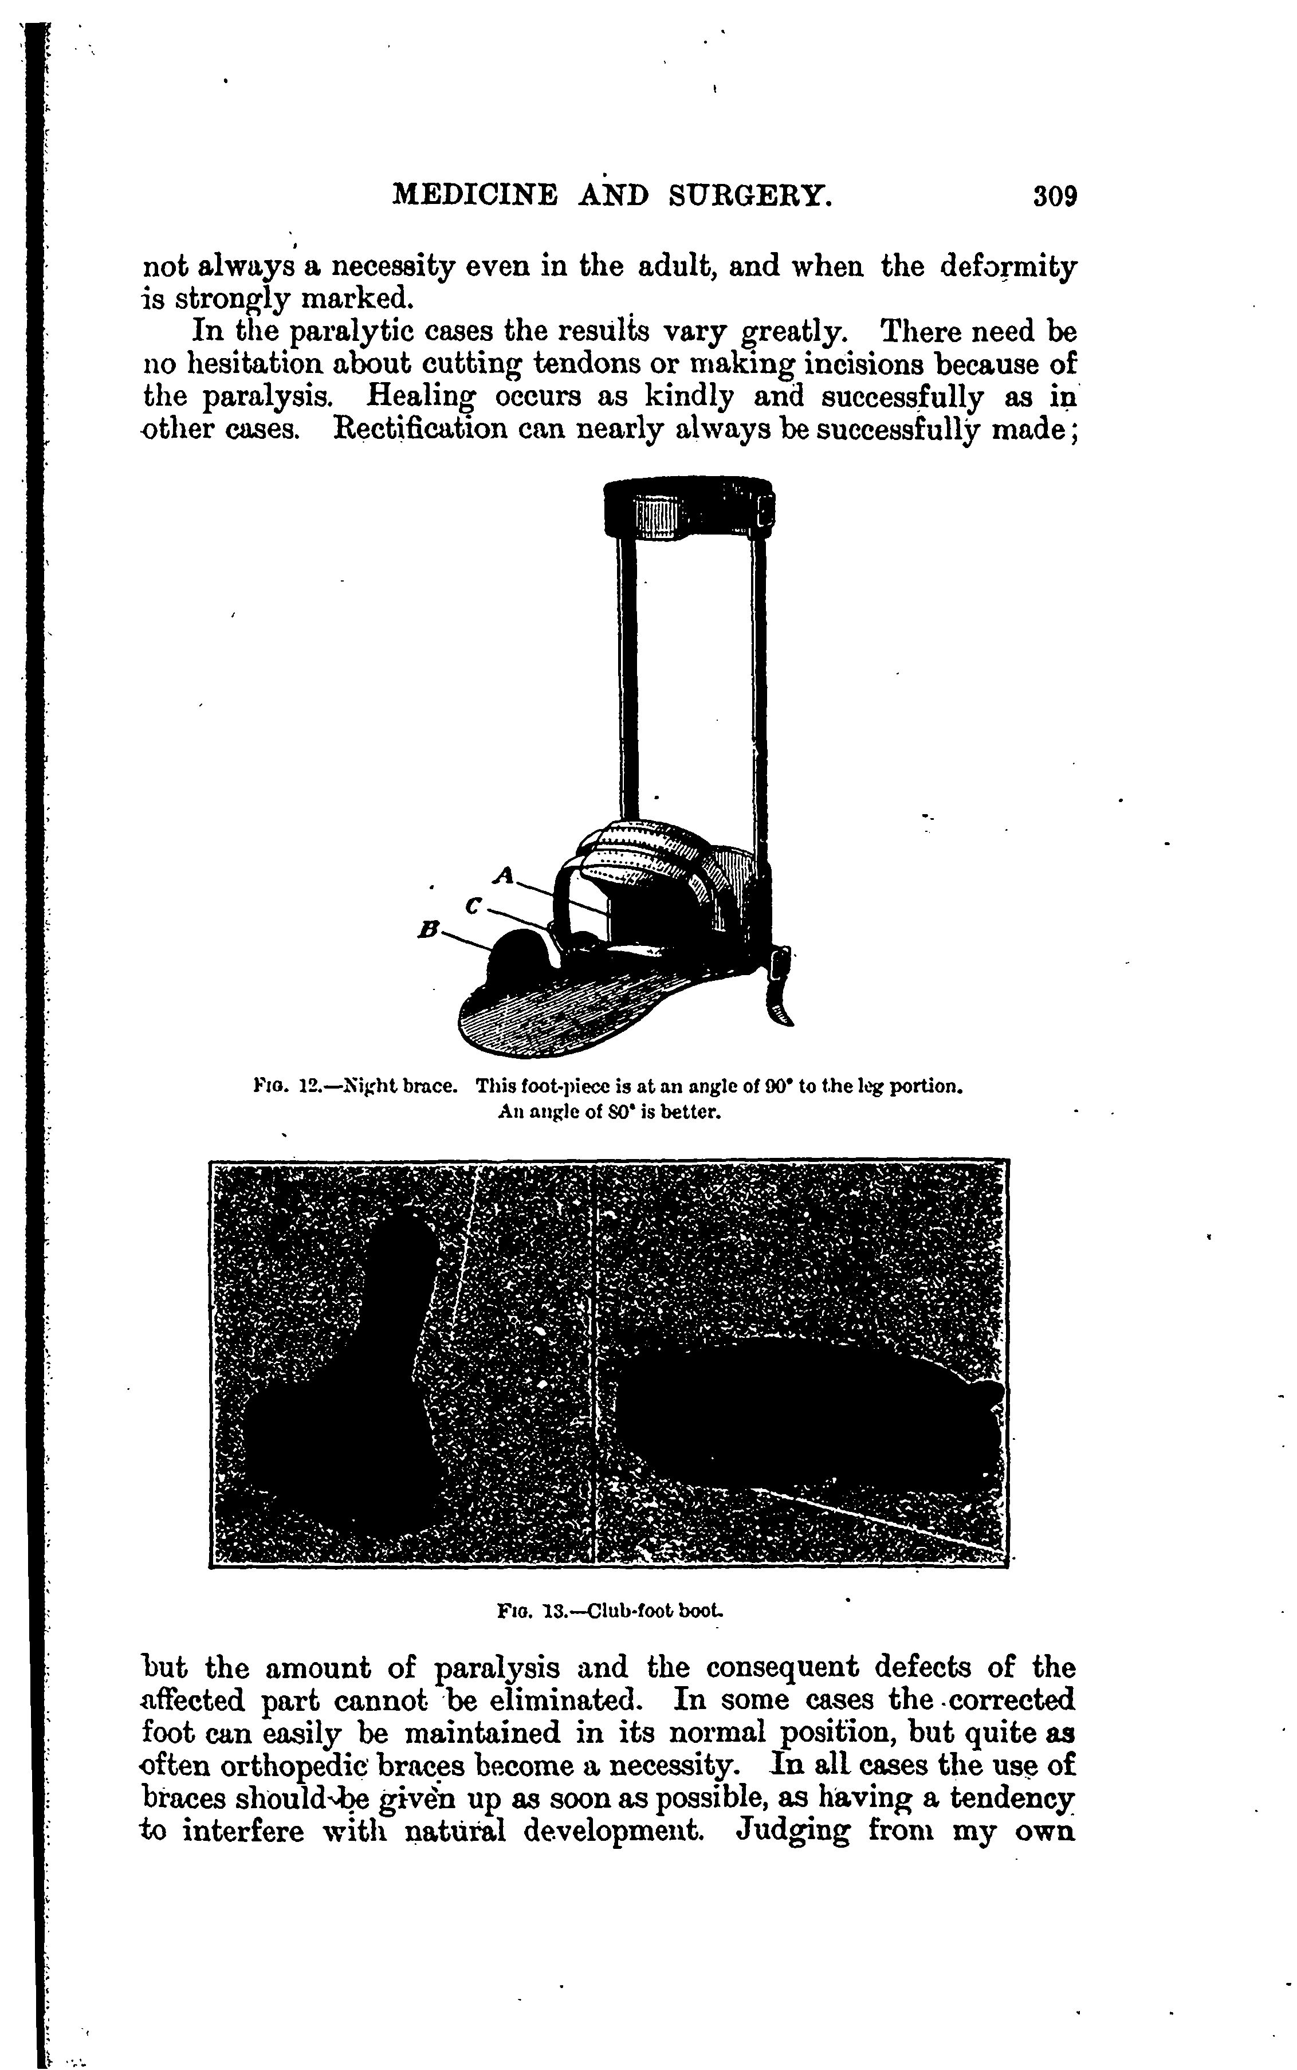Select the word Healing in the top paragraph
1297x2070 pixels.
(420, 396)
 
